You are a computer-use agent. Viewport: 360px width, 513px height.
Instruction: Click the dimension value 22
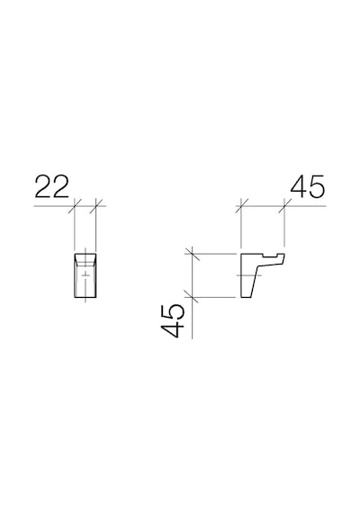pyautogui.click(x=52, y=187)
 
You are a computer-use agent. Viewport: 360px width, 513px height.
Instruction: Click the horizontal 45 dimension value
pyautogui.click(x=308, y=187)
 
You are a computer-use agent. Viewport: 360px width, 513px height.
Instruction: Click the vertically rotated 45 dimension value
pyautogui.click(x=171, y=320)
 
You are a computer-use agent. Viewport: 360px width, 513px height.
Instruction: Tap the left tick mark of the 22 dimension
pyautogui.click(x=76, y=206)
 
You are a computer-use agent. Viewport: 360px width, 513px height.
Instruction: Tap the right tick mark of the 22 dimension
pyautogui.click(x=96, y=206)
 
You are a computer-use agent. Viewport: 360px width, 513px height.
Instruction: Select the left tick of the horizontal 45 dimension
pyautogui.click(x=241, y=206)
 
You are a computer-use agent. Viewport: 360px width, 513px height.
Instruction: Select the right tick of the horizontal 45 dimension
pyautogui.click(x=284, y=206)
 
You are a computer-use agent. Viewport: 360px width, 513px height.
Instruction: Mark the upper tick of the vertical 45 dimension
pyautogui.click(x=192, y=254)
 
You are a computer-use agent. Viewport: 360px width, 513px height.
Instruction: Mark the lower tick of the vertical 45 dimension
pyautogui.click(x=192, y=297)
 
